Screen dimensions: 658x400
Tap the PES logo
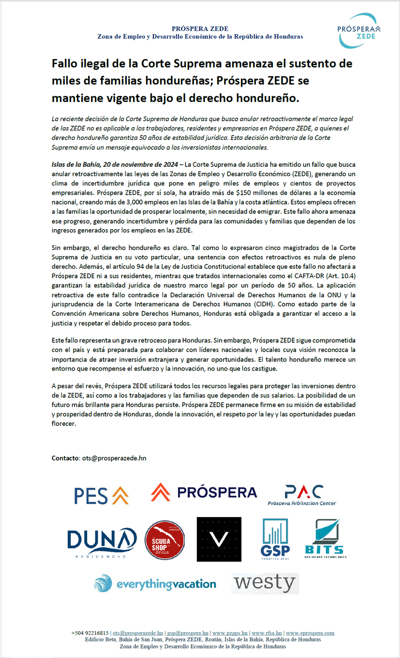[101, 495]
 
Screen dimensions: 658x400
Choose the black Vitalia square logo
[219, 539]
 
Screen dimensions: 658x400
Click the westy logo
[265, 583]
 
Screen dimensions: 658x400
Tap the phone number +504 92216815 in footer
[90, 633]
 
